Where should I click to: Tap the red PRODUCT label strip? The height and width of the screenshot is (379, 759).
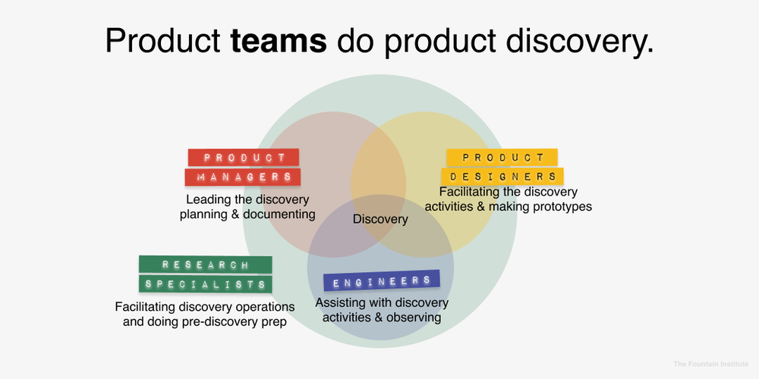coord(244,158)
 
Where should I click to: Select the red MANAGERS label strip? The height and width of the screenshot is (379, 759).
coord(243,177)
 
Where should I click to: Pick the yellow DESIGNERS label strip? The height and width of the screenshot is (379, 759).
coord(503,177)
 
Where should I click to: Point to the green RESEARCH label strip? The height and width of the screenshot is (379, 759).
coord(205,265)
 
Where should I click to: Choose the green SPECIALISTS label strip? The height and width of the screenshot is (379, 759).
coord(205,284)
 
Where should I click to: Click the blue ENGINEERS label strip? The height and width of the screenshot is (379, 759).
coord(382,281)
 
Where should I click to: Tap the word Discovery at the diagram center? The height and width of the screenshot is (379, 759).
coord(380,220)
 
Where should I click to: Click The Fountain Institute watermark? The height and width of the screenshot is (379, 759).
coord(711,365)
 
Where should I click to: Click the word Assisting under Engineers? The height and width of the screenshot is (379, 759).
coord(341,303)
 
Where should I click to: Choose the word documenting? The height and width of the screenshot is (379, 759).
coord(279,214)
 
